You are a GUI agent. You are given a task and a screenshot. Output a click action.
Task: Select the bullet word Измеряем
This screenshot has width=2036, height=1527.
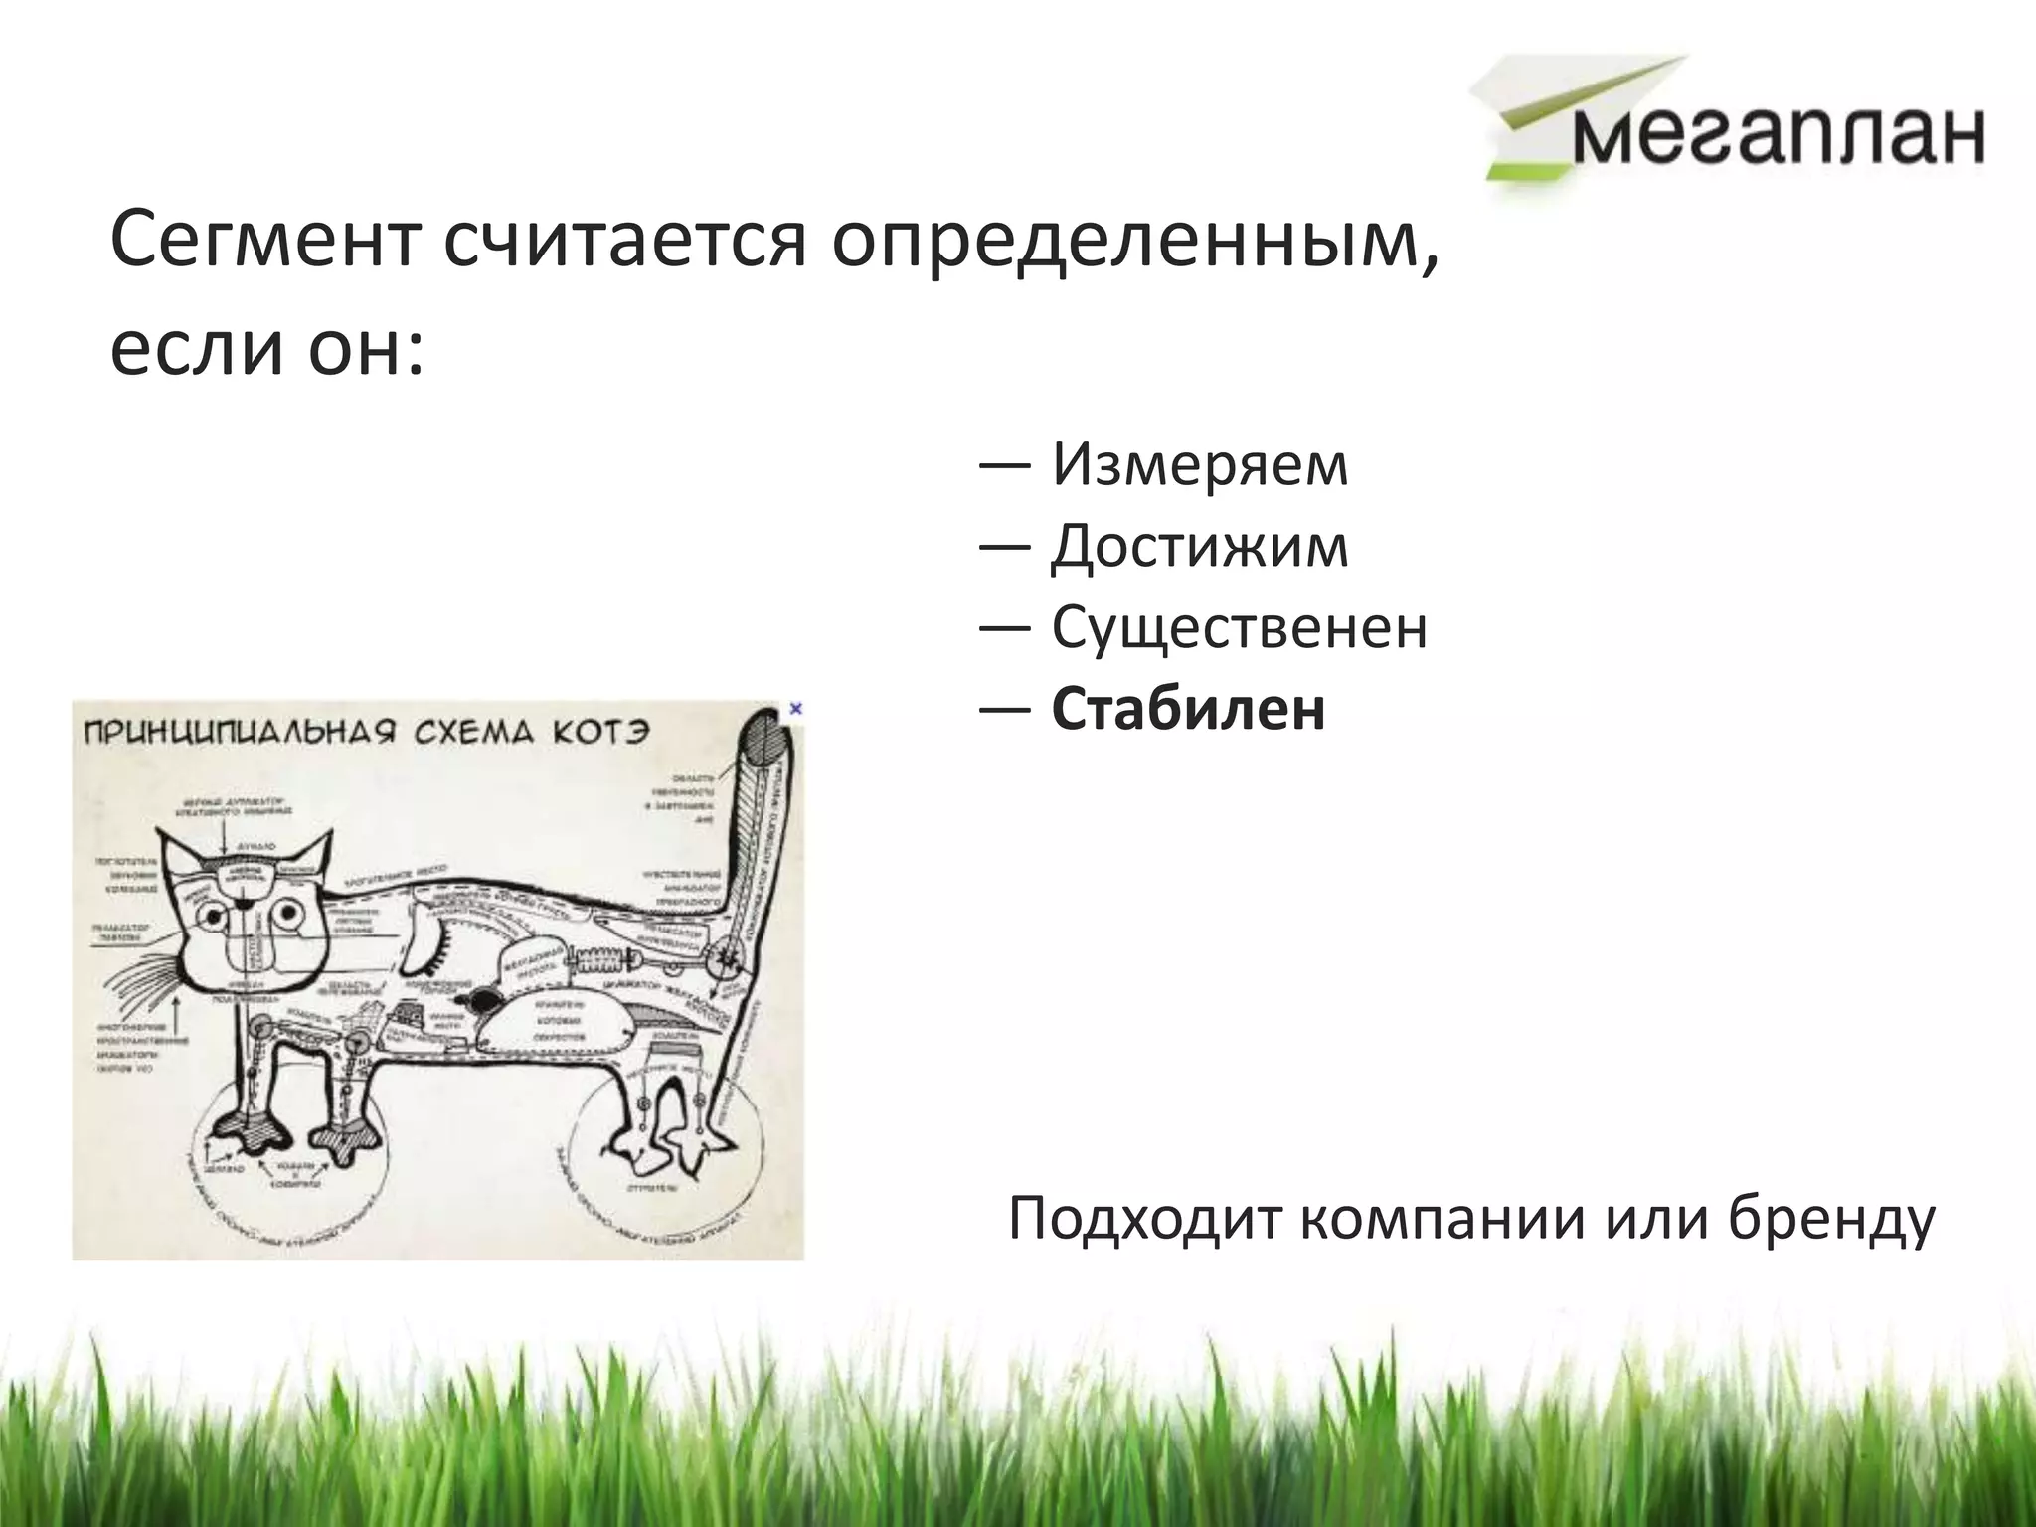click(x=1200, y=464)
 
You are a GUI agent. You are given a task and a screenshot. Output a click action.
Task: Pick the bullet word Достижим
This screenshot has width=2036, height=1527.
click(x=1200, y=547)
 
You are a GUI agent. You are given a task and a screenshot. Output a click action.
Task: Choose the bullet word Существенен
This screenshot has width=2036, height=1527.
click(x=1239, y=628)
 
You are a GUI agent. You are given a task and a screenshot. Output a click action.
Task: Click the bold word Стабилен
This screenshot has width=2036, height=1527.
click(x=1188, y=710)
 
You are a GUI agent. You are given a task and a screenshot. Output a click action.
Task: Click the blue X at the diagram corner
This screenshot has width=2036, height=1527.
click(x=794, y=709)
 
